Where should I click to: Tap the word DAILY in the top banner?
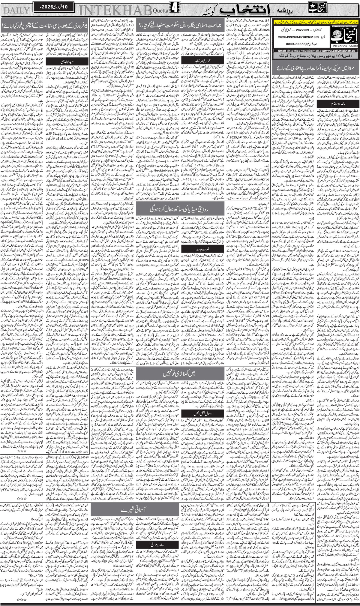pyautogui.click(x=16, y=10)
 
